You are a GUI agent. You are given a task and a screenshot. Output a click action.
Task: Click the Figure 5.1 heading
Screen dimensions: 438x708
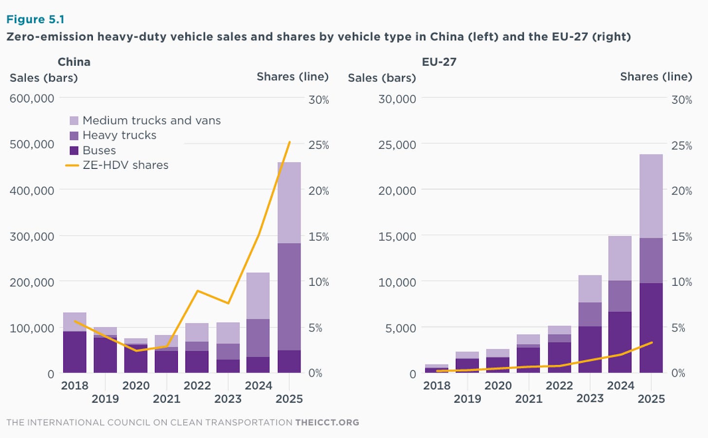pyautogui.click(x=35, y=19)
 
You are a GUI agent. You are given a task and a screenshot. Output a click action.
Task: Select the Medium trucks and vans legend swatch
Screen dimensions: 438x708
pyautogui.click(x=74, y=121)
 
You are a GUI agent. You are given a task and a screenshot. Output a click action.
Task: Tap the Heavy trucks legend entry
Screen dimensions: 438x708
pyautogui.click(x=119, y=135)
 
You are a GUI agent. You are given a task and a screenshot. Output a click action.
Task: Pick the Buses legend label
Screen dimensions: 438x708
pyautogui.click(x=99, y=150)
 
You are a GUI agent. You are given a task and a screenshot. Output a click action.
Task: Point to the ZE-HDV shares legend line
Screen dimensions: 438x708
pyautogui.click(x=72, y=165)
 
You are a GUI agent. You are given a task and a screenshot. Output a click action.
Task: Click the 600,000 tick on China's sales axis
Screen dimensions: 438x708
pyautogui.click(x=32, y=98)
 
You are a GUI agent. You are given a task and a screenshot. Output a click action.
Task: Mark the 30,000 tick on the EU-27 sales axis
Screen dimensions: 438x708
pyautogui.click(x=397, y=99)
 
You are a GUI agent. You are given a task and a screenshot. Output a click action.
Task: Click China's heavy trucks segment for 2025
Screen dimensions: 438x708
pyautogui.click(x=289, y=297)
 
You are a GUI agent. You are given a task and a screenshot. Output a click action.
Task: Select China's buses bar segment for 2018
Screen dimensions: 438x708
pyautogui.click(x=74, y=352)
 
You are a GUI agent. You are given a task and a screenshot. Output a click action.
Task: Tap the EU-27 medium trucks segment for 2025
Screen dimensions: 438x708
pyautogui.click(x=651, y=196)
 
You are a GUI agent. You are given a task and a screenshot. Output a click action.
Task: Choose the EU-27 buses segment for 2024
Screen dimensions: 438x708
pyautogui.click(x=620, y=342)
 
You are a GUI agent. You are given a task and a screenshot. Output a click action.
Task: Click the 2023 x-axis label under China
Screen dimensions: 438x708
pyautogui.click(x=228, y=399)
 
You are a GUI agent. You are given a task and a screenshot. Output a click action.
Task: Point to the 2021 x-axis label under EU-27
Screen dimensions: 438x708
pyautogui.click(x=529, y=399)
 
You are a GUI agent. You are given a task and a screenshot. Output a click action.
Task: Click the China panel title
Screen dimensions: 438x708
pyautogui.click(x=74, y=62)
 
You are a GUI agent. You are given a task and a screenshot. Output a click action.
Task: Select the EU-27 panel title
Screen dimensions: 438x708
pyautogui.click(x=439, y=62)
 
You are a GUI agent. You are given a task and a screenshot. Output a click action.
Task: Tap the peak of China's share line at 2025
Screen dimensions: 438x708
pyautogui.click(x=290, y=142)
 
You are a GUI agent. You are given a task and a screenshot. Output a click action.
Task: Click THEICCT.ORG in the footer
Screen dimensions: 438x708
pyautogui.click(x=327, y=422)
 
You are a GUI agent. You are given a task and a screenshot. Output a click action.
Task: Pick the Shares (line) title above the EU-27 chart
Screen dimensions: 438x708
pyautogui.click(x=656, y=77)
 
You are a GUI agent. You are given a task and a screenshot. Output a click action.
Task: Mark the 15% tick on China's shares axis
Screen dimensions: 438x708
pyautogui.click(x=319, y=237)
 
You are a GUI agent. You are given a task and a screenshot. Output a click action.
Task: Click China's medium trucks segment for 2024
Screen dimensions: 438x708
pyautogui.click(x=258, y=296)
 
